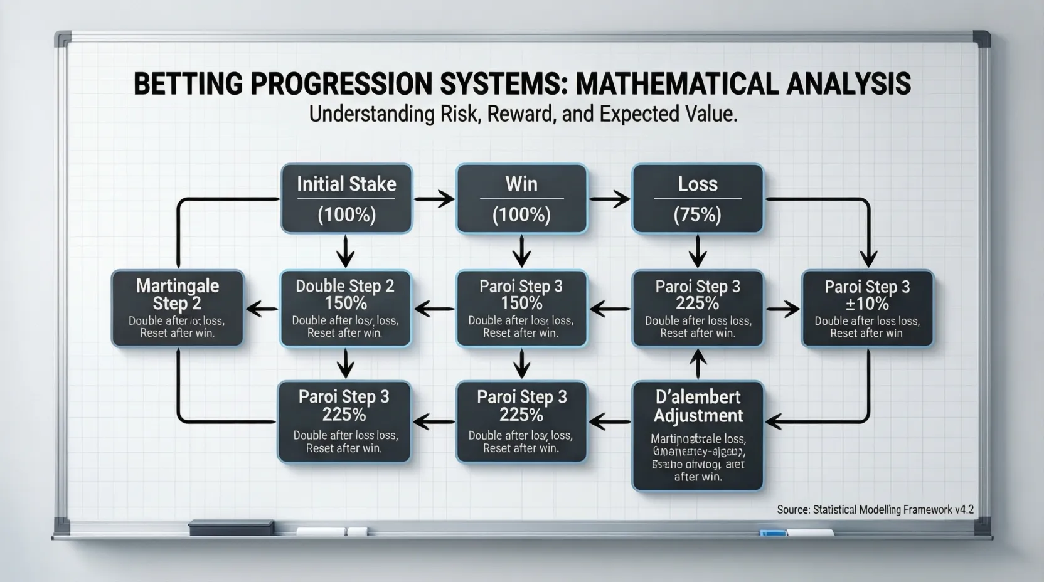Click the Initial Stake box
[x=346, y=199]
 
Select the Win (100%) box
[x=521, y=199]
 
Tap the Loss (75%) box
[x=697, y=199]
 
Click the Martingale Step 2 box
[x=177, y=309]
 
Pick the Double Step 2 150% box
[x=345, y=309]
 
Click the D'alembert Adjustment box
[x=698, y=435]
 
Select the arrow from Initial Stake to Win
[x=434, y=199]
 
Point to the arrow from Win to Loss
[x=609, y=199]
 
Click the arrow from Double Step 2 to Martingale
[x=262, y=308]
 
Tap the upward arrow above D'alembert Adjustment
[x=698, y=364]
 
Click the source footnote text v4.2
[x=964, y=510]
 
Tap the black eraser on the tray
[x=231, y=527]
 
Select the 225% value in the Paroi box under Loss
[x=698, y=304]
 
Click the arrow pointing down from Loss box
[x=698, y=251]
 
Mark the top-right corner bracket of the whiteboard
[x=981, y=39]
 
